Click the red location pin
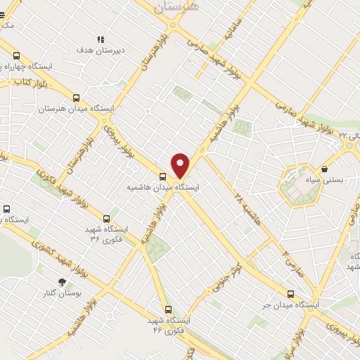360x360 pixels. click(x=181, y=165)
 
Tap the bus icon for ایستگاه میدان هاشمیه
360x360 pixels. click(x=163, y=176)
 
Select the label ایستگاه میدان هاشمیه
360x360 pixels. click(x=163, y=188)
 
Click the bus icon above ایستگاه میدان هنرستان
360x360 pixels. click(x=76, y=98)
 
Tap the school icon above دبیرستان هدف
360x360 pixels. click(x=101, y=39)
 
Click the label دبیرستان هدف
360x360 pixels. click(x=101, y=51)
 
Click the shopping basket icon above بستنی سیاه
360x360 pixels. click(x=324, y=169)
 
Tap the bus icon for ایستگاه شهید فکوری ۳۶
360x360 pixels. click(x=106, y=219)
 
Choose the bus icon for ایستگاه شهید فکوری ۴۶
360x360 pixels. click(x=168, y=309)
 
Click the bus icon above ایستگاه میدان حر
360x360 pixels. click(x=290, y=295)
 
